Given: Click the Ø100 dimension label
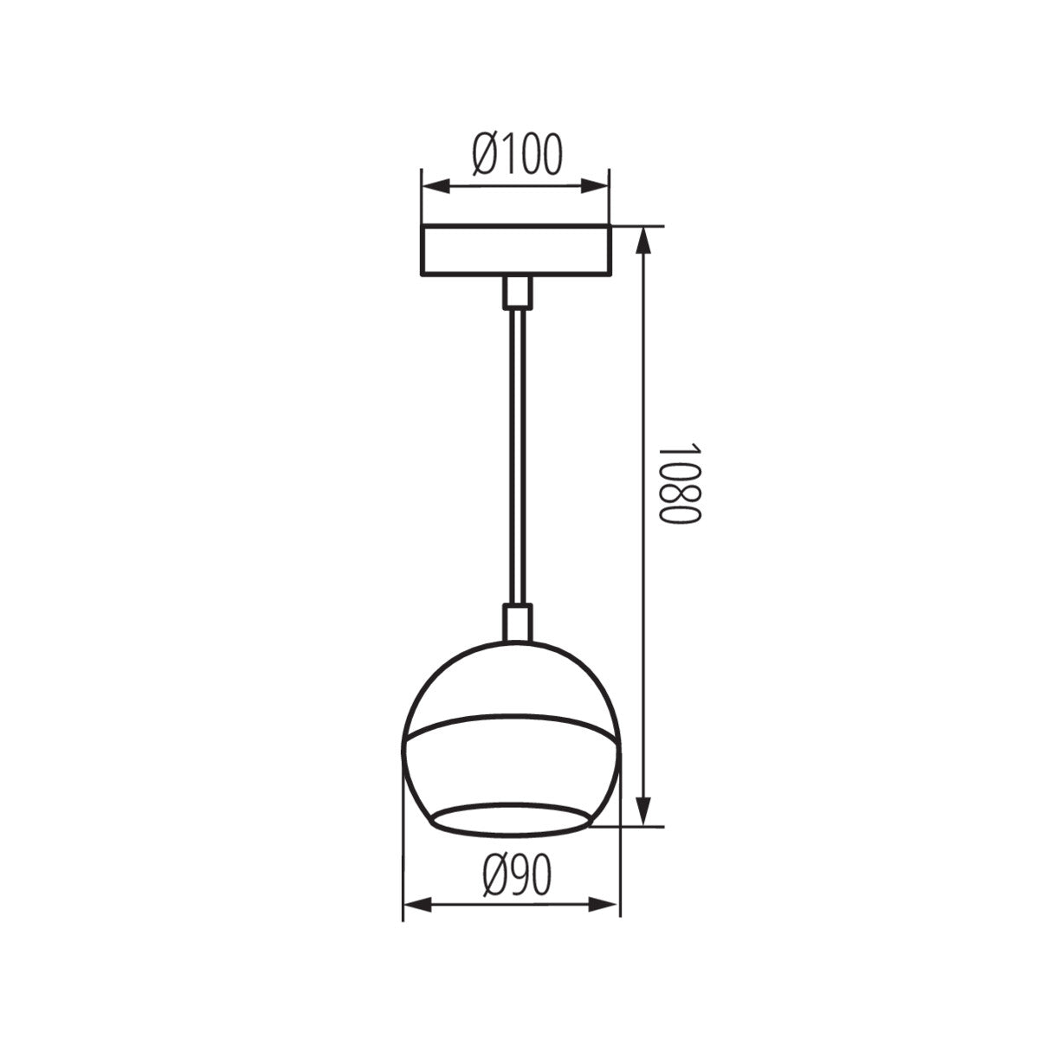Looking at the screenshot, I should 517,154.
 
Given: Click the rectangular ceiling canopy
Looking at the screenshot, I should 515,251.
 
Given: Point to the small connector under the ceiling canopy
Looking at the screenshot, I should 517,293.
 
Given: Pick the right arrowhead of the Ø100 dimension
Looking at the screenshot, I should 599,186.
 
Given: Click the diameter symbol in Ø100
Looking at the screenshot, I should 486,154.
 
